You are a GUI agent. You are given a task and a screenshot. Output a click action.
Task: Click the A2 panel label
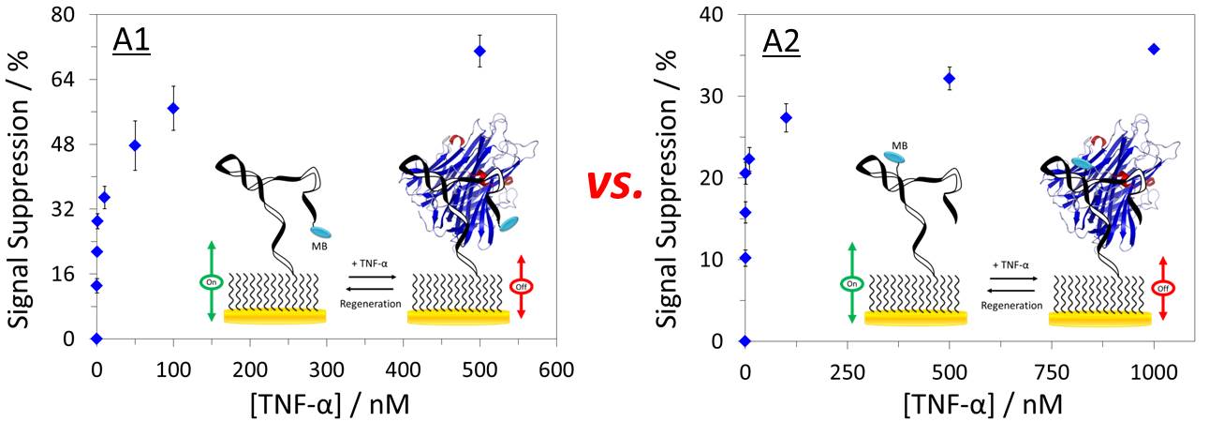point(781,42)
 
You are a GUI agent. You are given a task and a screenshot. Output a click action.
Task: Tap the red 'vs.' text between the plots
point(612,186)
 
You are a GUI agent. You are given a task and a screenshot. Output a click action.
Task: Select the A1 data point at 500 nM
point(479,51)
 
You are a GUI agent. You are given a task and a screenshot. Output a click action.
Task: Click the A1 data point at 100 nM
point(172,108)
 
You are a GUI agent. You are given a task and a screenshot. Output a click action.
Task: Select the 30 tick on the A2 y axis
point(715,96)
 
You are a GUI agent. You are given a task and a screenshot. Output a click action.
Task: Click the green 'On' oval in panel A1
point(211,281)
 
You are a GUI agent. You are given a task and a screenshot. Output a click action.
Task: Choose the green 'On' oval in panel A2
point(852,283)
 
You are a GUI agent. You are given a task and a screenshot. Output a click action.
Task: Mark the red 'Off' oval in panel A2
point(1163,288)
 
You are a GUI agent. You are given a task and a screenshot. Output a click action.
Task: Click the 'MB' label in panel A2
point(899,145)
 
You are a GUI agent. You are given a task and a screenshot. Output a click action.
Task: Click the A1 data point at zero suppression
point(96,339)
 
